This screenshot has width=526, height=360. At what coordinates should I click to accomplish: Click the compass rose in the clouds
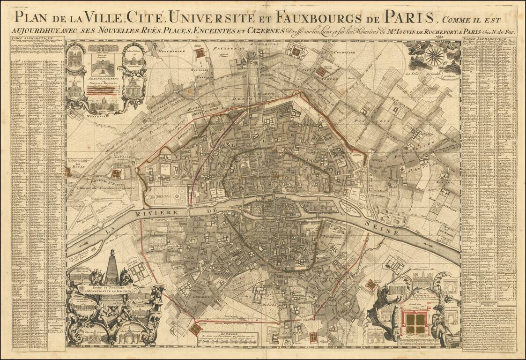434,55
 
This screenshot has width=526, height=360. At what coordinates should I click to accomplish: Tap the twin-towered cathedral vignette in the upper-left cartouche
74,58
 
